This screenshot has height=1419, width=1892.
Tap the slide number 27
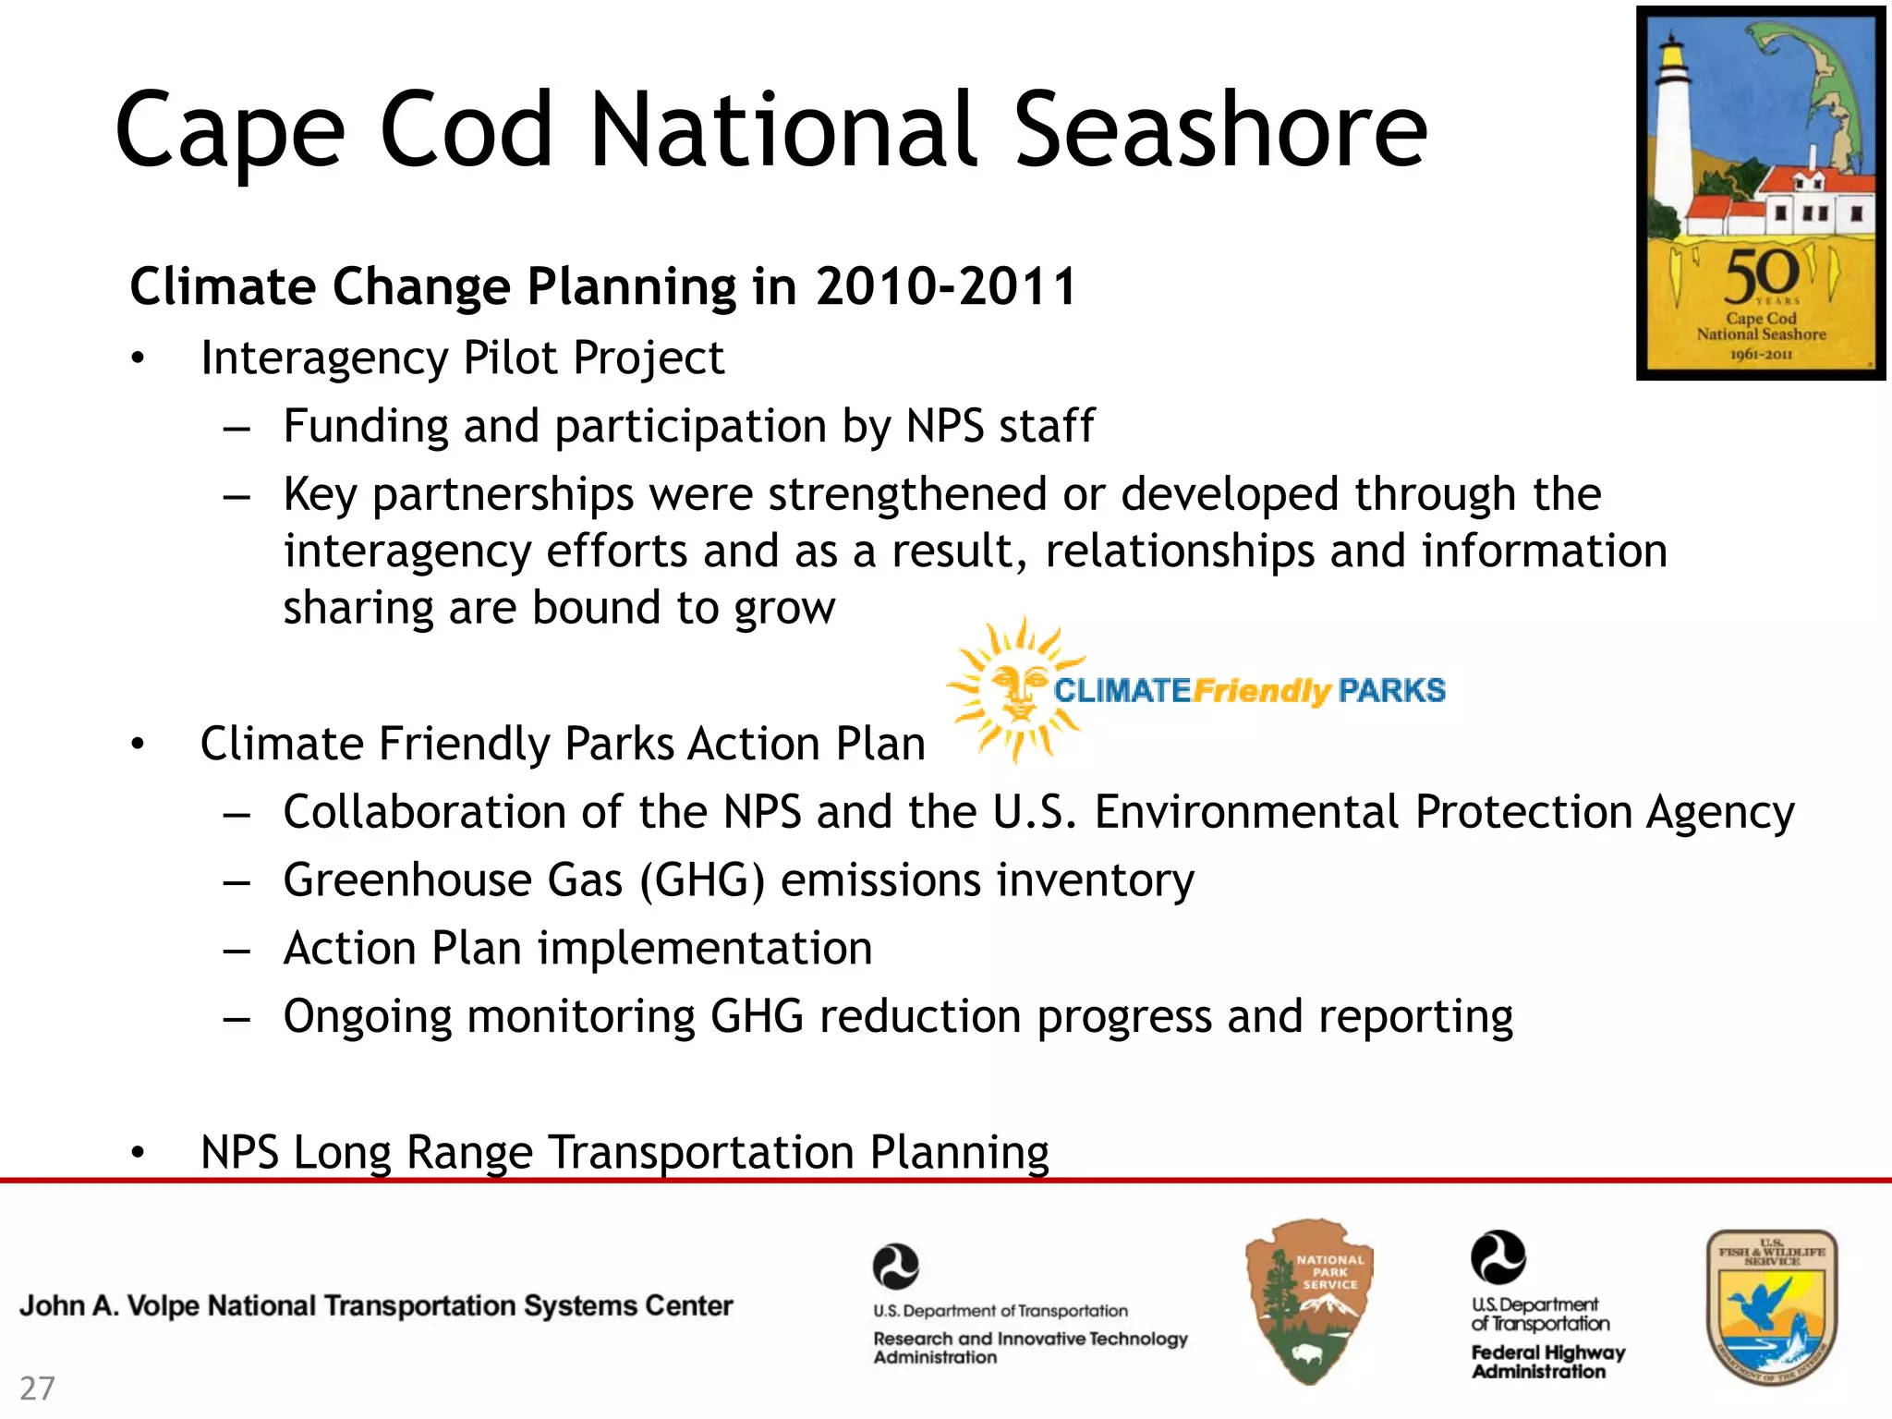click(38, 1388)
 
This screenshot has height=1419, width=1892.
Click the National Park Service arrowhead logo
click(1309, 1301)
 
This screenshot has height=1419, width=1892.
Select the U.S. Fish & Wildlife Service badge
click(1771, 1306)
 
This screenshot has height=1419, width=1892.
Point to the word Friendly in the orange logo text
click(1261, 690)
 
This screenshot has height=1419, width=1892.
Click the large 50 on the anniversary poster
click(1761, 274)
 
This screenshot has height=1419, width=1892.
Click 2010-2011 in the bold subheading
click(946, 286)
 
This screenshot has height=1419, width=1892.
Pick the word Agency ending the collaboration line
click(1720, 813)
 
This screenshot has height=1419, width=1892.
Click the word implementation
click(705, 949)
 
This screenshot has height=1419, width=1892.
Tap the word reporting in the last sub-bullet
click(1415, 1017)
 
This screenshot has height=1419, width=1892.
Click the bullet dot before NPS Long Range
click(138, 1152)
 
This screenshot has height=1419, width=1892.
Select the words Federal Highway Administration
click(1547, 1362)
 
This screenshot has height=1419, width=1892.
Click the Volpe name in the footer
click(376, 1305)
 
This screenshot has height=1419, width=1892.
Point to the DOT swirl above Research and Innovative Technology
click(895, 1266)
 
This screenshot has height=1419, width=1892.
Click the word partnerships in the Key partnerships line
click(503, 495)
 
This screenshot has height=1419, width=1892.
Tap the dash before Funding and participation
click(236, 428)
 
